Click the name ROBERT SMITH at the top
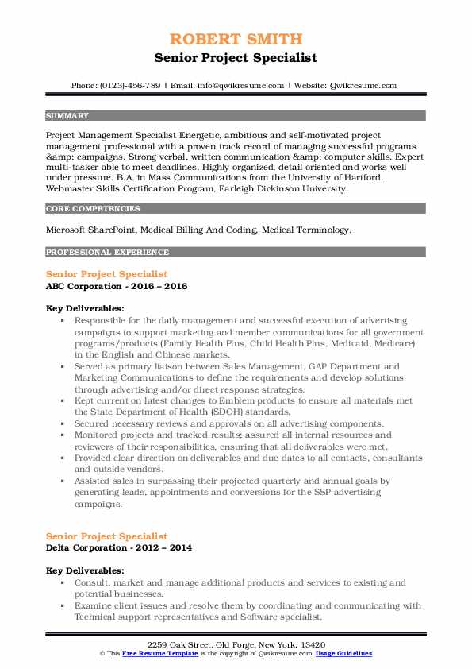coord(236,39)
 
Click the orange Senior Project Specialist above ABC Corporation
coord(106,274)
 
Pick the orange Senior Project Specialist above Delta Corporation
coord(106,536)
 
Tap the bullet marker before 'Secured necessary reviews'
coord(63,423)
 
